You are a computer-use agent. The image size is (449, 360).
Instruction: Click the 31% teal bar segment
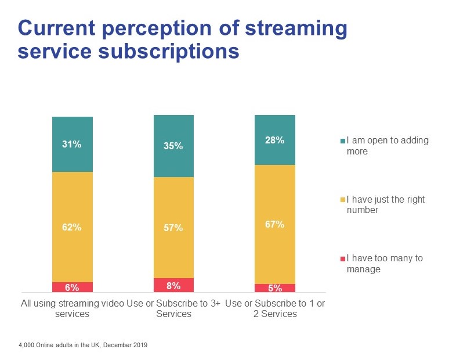(x=72, y=145)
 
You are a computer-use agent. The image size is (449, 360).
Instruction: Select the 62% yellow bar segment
(x=72, y=227)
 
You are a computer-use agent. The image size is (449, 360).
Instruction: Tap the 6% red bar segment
(x=72, y=287)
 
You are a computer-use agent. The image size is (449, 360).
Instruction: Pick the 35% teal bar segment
(x=173, y=146)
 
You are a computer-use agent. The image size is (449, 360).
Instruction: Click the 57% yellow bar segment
(x=173, y=228)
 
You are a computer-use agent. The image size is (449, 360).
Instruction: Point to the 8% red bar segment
(x=173, y=285)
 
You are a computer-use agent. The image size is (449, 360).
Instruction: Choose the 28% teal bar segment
(x=275, y=140)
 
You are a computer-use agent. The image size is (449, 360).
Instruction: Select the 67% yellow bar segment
(x=275, y=224)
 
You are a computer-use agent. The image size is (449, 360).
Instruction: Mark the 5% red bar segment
(x=275, y=288)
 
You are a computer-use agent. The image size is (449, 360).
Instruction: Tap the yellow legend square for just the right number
(x=343, y=200)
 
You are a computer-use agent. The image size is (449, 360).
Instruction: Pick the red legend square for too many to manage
(x=343, y=258)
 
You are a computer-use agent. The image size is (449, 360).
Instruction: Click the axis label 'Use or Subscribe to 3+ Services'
(x=173, y=308)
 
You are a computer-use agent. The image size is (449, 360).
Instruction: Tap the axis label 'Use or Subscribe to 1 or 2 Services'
(x=275, y=308)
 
